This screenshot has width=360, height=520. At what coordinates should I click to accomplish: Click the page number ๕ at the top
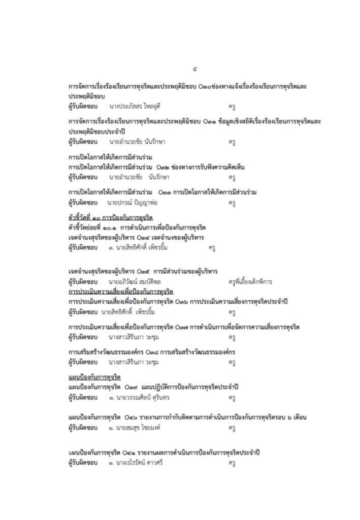coord(195,69)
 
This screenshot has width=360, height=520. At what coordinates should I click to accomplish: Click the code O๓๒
coord(163,166)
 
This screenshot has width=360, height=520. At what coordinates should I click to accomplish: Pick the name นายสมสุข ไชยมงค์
coord(135,428)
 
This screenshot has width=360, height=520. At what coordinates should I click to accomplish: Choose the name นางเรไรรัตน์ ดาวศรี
coord(136,463)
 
